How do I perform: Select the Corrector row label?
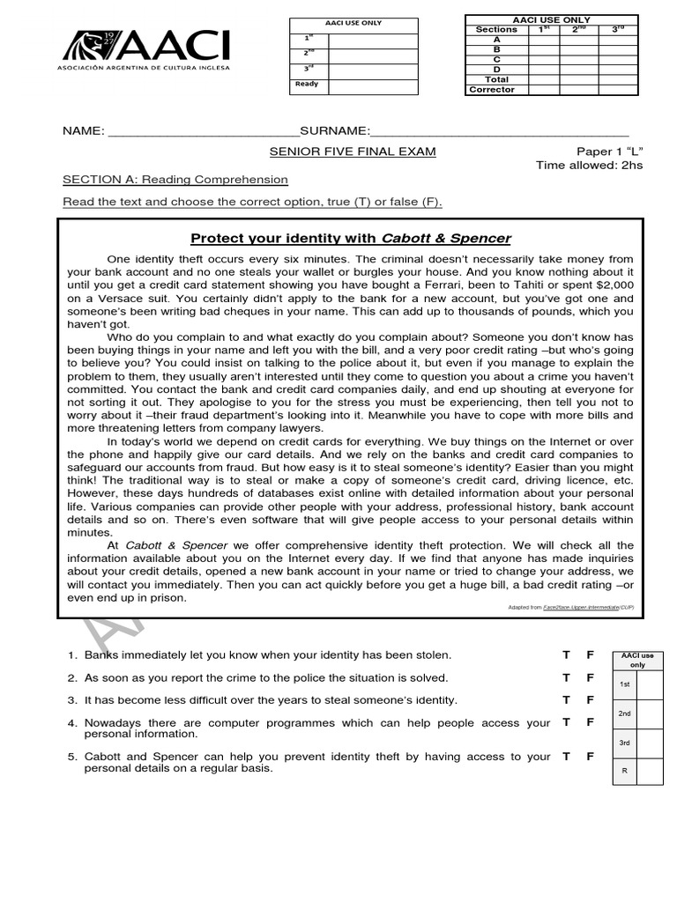click(x=492, y=90)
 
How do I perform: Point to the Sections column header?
click(x=496, y=29)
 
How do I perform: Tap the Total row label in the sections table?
click(x=496, y=79)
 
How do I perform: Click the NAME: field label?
click(x=84, y=130)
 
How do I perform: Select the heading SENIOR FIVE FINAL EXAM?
click(x=353, y=152)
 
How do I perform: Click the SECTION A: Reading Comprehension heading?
click(x=175, y=180)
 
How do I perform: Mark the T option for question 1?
click(x=567, y=655)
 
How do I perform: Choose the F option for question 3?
click(x=591, y=700)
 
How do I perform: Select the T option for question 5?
click(x=567, y=757)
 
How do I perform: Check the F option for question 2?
click(x=591, y=677)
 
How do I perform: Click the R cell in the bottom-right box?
click(x=624, y=771)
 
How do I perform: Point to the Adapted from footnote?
click(x=569, y=608)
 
